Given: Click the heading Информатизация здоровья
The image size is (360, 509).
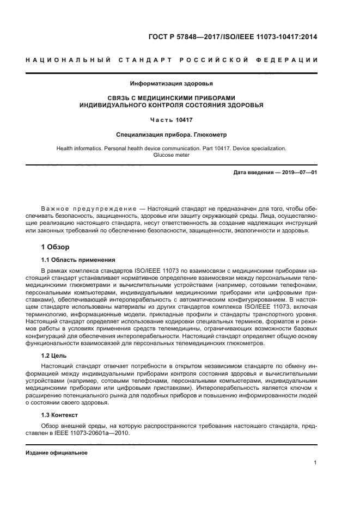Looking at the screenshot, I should (172, 84).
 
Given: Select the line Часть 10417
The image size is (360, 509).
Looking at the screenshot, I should (172, 119).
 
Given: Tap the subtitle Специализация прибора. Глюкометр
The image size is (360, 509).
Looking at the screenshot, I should (172, 133).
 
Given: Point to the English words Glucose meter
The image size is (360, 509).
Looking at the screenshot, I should (172, 155).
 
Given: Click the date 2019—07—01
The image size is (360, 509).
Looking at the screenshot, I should (298, 173).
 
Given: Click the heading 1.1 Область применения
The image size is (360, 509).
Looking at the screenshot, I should (78, 260).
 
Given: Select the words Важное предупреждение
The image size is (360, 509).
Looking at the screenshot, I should (88, 210).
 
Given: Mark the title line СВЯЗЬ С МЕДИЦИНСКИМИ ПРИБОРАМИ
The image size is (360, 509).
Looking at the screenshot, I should (172, 98).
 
